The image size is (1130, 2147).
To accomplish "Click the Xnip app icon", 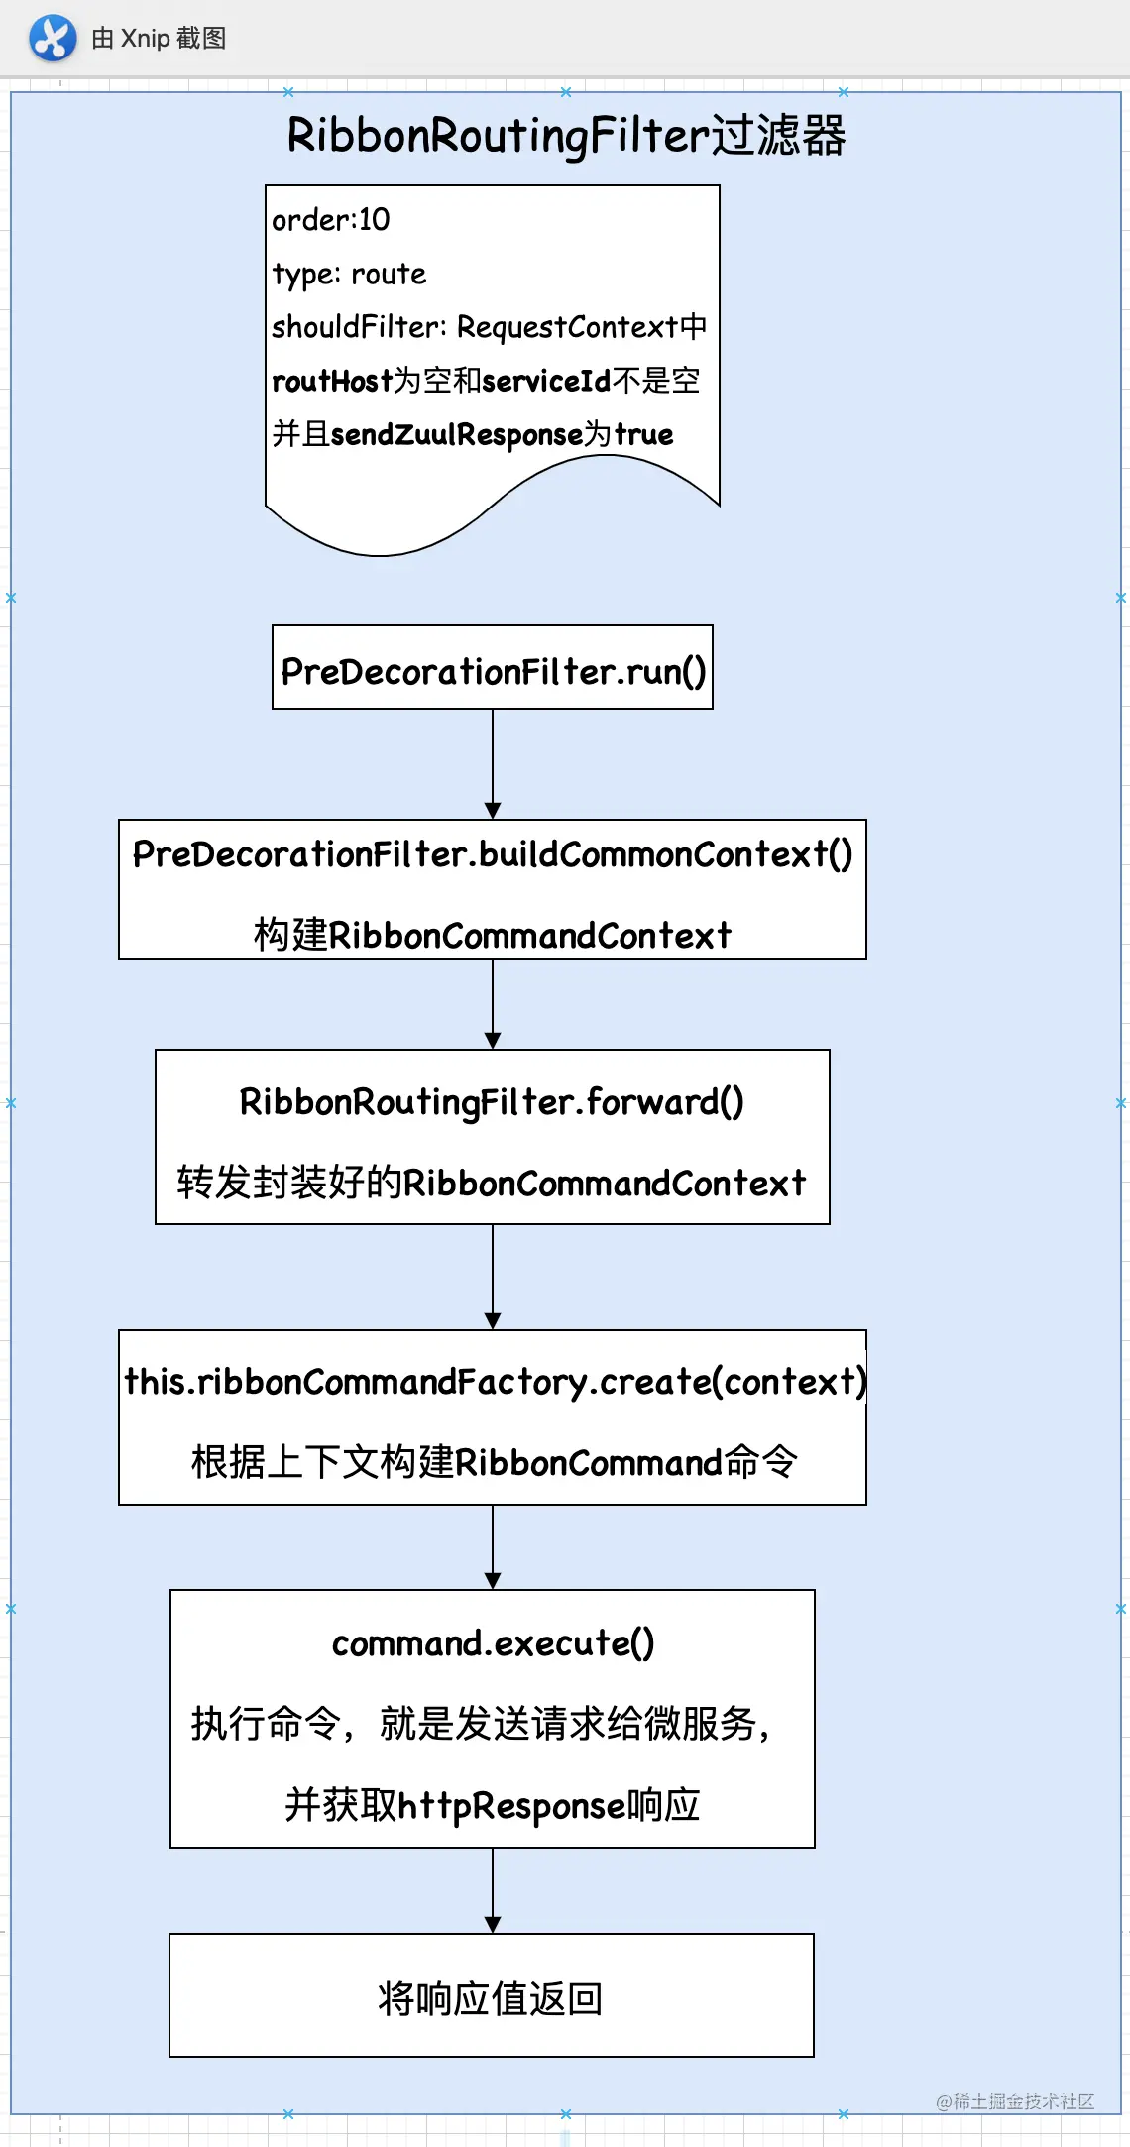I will (x=53, y=39).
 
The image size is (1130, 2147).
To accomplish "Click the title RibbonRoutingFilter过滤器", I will (x=566, y=136).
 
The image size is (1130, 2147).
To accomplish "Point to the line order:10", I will (x=331, y=220).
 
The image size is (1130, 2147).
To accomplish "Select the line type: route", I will (x=349, y=274).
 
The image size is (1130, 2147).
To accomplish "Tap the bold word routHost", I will (x=332, y=381).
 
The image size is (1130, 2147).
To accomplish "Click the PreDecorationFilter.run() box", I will (x=493, y=667).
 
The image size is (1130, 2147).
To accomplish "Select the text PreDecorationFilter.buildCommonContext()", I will (x=493, y=854).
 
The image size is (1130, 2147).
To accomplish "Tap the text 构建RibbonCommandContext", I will (x=493, y=935).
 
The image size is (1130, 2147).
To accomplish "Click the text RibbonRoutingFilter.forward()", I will (x=493, y=1101).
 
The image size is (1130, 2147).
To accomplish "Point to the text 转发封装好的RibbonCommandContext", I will (x=493, y=1183).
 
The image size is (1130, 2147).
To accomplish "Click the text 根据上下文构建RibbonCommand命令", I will (x=494, y=1462).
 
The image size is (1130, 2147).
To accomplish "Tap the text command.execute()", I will (x=493, y=1643).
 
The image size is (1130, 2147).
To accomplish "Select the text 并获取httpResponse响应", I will (x=493, y=1805).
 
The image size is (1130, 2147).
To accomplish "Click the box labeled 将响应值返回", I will (x=492, y=1994).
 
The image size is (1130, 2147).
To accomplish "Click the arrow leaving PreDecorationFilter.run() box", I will (x=493, y=763).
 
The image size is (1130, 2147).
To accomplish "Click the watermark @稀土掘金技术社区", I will (x=1015, y=2101).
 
